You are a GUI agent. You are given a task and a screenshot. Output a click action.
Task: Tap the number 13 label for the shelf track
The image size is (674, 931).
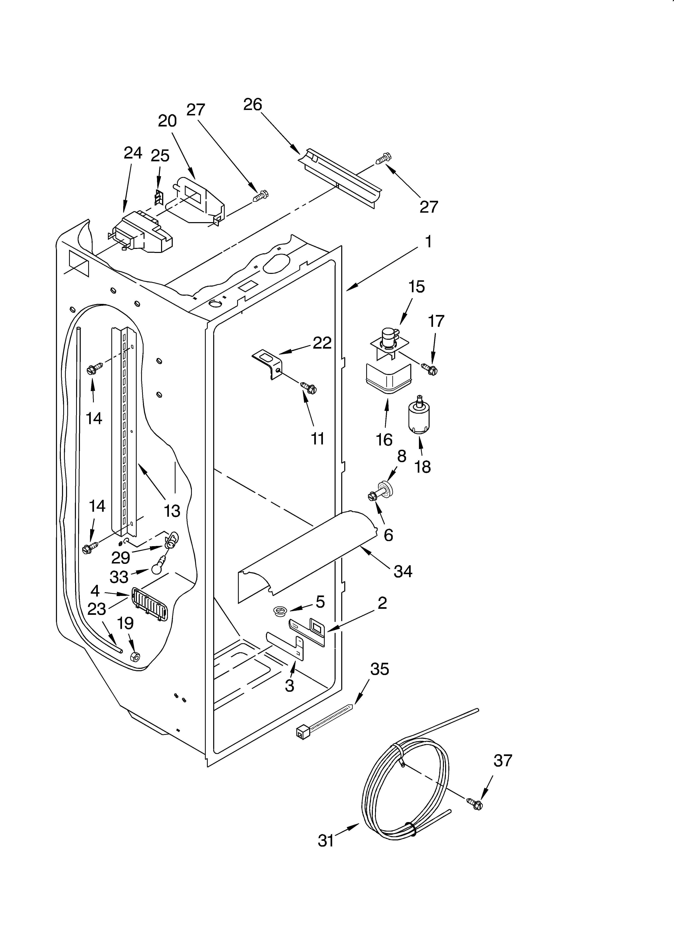pos(172,511)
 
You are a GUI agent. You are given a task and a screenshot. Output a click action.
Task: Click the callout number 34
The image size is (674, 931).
pos(403,571)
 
